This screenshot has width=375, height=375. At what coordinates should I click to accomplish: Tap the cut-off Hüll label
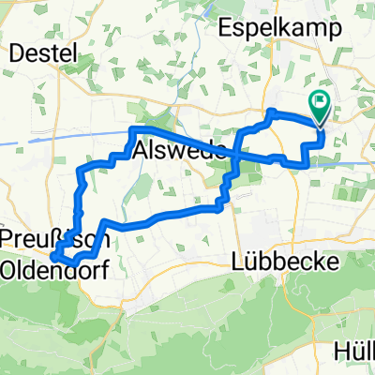[356, 353]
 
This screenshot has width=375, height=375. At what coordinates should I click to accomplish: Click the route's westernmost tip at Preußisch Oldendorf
[52, 254]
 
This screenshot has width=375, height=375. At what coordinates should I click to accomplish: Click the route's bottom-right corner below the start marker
[306, 165]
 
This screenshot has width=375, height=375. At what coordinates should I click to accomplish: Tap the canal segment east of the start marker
[352, 161]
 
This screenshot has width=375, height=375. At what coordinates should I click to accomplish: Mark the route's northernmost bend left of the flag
[272, 112]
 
